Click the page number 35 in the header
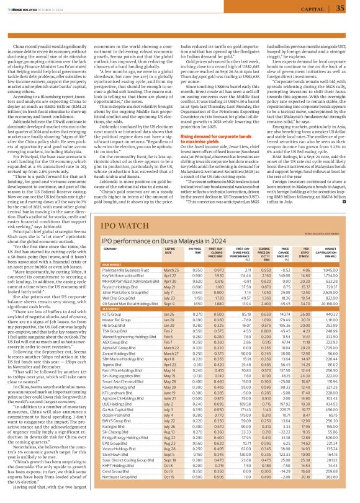(340, 8)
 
